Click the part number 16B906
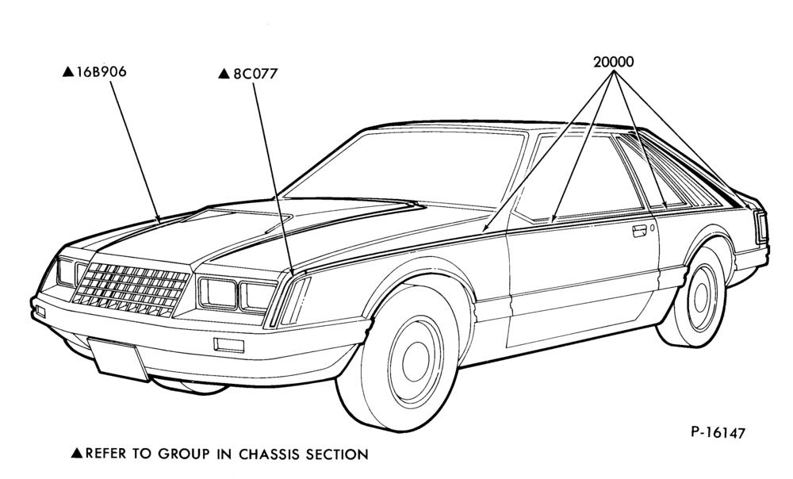coord(102,72)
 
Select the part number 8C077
coord(255,74)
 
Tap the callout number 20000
coord(614,62)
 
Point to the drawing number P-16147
coord(718,433)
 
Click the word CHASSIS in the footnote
coord(270,454)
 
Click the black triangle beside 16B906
coord(68,72)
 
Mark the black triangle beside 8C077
coord(224,74)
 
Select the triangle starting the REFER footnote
coord(77,453)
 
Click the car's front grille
coord(131,289)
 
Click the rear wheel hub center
coord(701,298)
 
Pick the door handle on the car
coord(638,231)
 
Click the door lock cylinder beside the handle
coord(653,228)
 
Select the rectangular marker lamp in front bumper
coord(229,344)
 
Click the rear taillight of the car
coord(760,227)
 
